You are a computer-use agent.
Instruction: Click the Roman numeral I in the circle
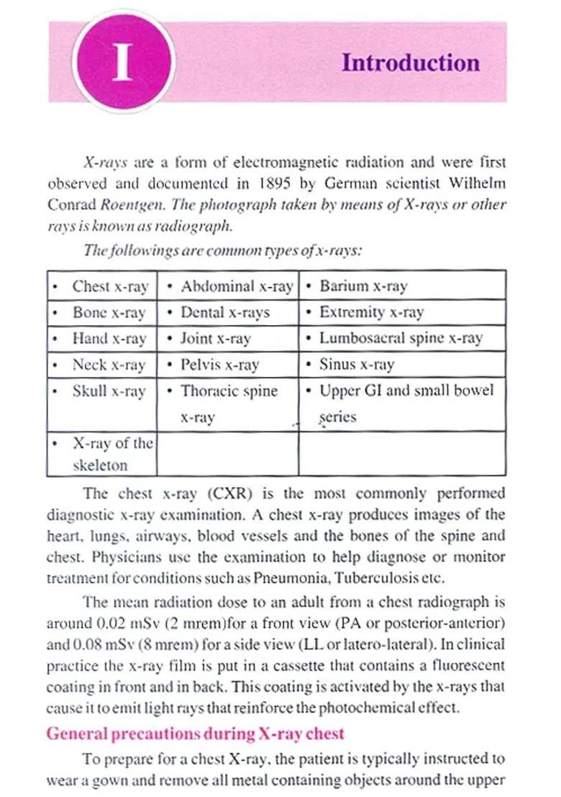[x=123, y=62]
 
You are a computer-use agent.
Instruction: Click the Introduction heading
[x=410, y=63]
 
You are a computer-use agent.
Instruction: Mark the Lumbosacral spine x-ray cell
[x=401, y=338]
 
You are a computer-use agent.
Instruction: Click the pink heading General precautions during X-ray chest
[x=195, y=734]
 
